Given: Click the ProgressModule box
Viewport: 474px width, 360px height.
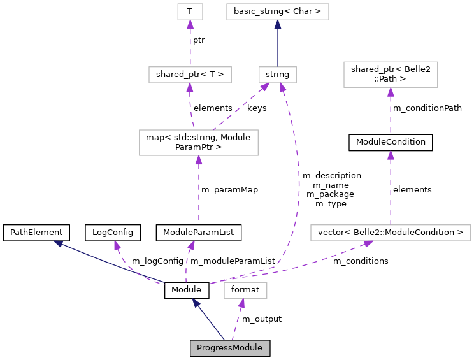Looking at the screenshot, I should [x=229, y=348].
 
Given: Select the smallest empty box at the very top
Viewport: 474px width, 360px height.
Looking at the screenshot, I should [x=190, y=11].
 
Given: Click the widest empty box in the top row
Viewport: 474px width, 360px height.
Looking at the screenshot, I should [x=277, y=11].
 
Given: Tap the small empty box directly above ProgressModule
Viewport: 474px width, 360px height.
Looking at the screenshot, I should [x=245, y=290].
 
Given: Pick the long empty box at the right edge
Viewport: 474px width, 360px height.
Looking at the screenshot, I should [x=391, y=233].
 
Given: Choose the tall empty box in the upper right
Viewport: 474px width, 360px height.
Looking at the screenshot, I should [x=391, y=75].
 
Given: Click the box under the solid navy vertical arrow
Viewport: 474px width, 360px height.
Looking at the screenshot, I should [x=278, y=75].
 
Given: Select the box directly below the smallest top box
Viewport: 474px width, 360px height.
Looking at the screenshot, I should [x=190, y=75].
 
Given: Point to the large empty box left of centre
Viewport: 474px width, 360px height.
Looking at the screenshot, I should [x=199, y=142].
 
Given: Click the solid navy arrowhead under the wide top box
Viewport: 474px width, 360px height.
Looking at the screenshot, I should [x=278, y=25].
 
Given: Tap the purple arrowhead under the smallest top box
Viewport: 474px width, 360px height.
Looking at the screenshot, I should [x=190, y=25].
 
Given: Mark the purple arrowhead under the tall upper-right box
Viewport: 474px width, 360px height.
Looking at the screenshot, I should [x=391, y=92].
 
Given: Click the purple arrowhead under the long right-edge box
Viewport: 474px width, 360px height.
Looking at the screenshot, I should [x=368, y=244].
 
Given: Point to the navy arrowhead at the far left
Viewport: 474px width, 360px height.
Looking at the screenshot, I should [x=58, y=243].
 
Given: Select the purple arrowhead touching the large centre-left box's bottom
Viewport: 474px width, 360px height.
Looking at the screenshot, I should [x=199, y=161].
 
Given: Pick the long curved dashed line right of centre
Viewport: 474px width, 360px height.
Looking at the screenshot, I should [x=298, y=185].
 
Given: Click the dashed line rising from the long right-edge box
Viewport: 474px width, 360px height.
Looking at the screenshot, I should [x=391, y=191].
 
